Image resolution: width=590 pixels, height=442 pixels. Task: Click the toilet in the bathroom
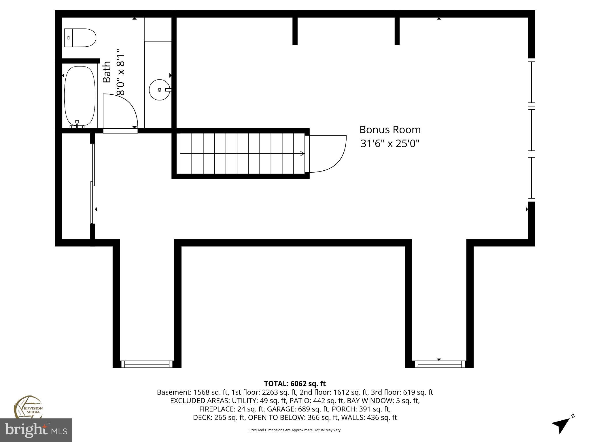click(x=80, y=38)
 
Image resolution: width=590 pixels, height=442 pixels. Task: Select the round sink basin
click(x=159, y=90)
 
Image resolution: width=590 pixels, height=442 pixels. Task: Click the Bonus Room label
click(x=390, y=130)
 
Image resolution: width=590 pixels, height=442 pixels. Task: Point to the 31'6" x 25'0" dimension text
click(x=390, y=143)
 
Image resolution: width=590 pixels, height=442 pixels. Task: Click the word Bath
click(x=107, y=72)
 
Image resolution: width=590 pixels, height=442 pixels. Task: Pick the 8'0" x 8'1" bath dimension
click(x=120, y=72)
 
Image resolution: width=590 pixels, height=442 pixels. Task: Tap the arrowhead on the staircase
click(x=302, y=153)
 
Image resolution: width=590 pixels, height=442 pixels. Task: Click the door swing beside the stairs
click(x=328, y=154)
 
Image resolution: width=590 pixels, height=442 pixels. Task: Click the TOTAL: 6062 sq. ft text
click(x=295, y=384)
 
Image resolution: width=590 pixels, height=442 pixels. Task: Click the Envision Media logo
click(x=28, y=406)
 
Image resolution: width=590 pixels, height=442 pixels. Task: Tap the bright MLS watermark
click(x=36, y=430)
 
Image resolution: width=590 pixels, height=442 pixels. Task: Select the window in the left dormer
click(x=147, y=364)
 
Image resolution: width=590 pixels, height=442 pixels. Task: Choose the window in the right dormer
click(x=440, y=364)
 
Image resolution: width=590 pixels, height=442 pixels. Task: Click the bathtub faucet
click(x=77, y=124)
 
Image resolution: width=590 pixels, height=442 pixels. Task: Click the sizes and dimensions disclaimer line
click(x=295, y=430)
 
